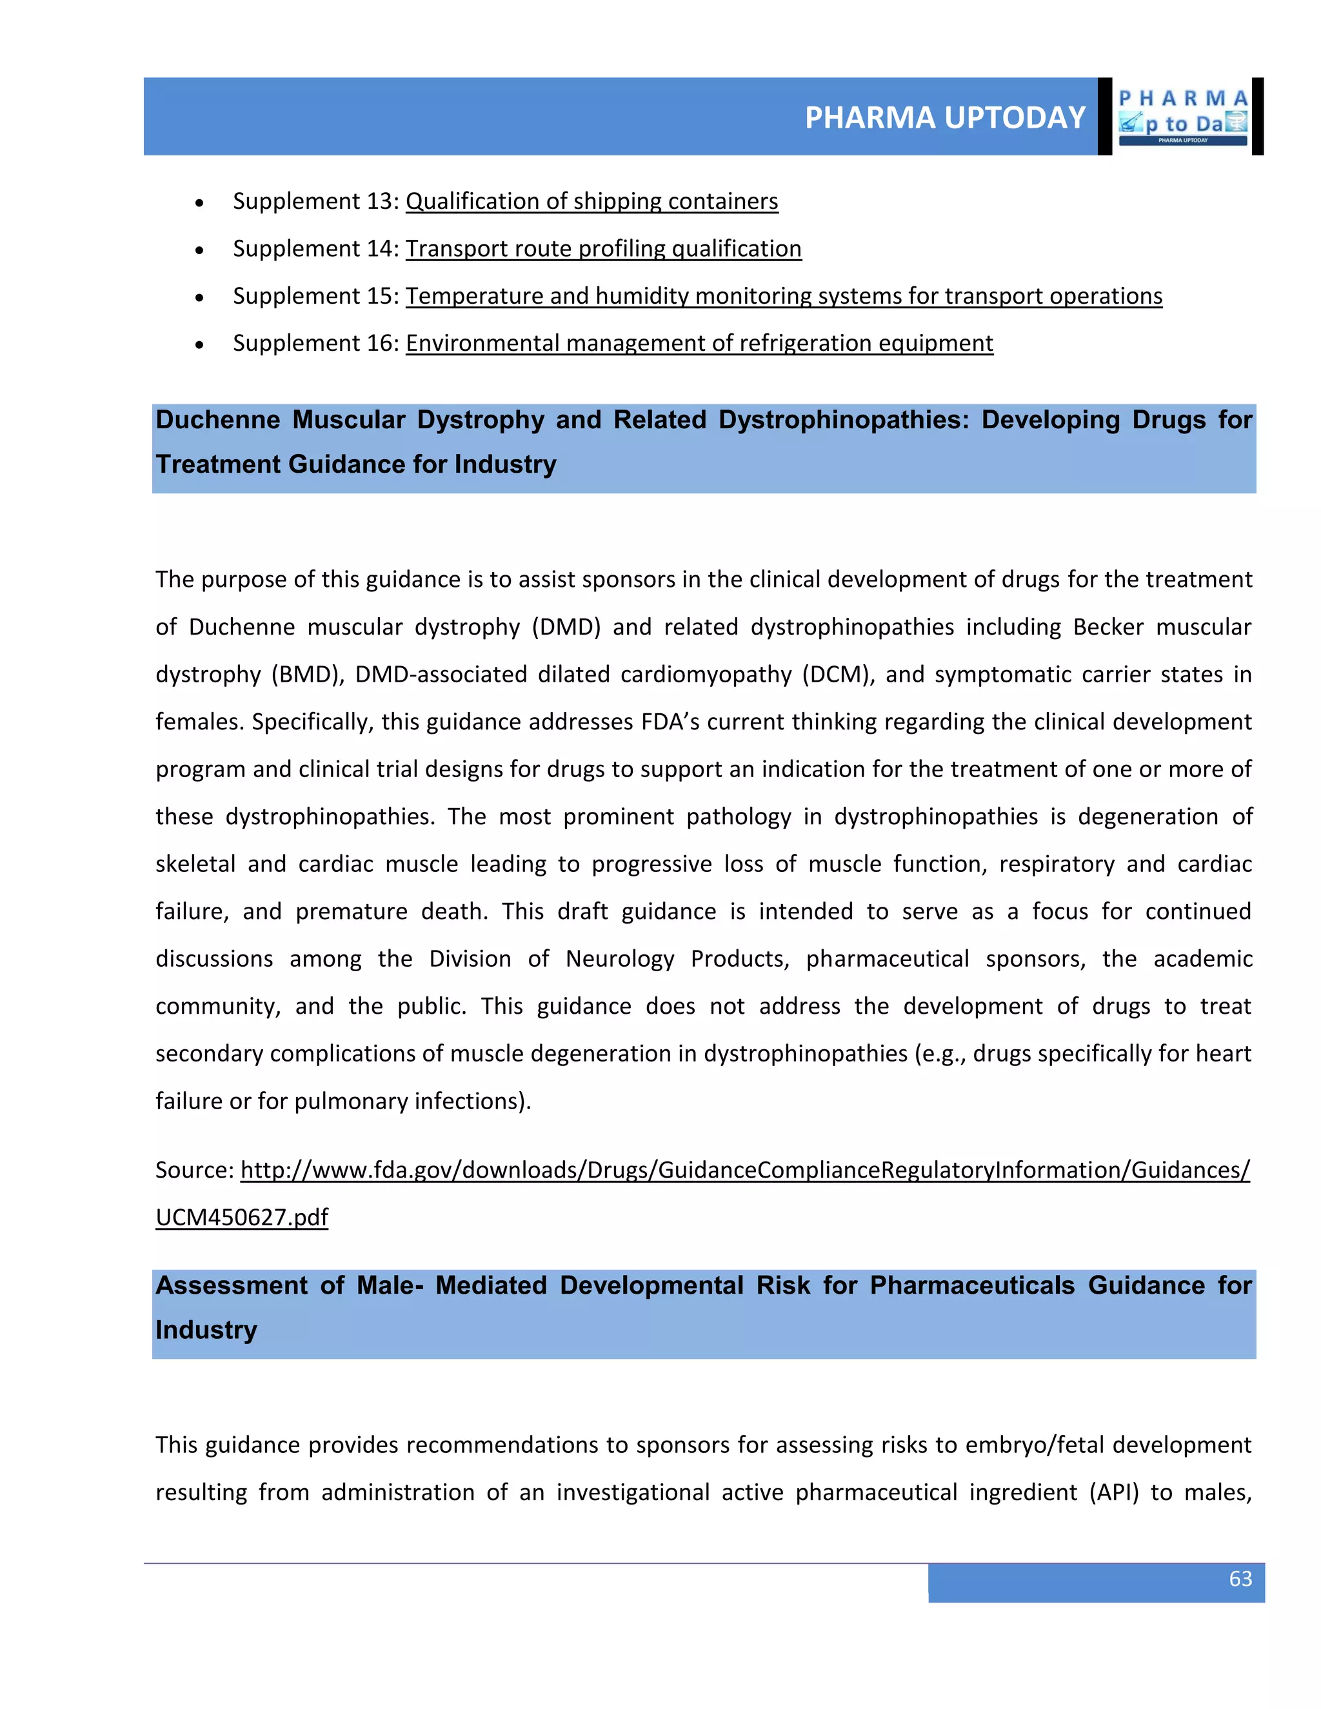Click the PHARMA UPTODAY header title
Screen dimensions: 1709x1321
pos(944,117)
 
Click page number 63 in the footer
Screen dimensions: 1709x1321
pos(1240,1578)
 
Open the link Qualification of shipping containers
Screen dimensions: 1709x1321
pos(591,201)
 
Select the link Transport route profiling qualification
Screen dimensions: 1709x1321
pos(603,249)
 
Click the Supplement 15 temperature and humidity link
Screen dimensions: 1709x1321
pos(783,296)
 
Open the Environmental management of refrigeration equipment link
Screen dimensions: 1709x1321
pos(699,344)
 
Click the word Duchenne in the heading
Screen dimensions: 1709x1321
pos(217,420)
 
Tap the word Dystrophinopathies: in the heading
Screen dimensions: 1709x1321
pos(844,420)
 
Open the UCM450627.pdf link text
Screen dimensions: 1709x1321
pos(242,1218)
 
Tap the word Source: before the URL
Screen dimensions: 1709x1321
pos(194,1170)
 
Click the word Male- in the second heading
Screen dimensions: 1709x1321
pos(390,1286)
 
